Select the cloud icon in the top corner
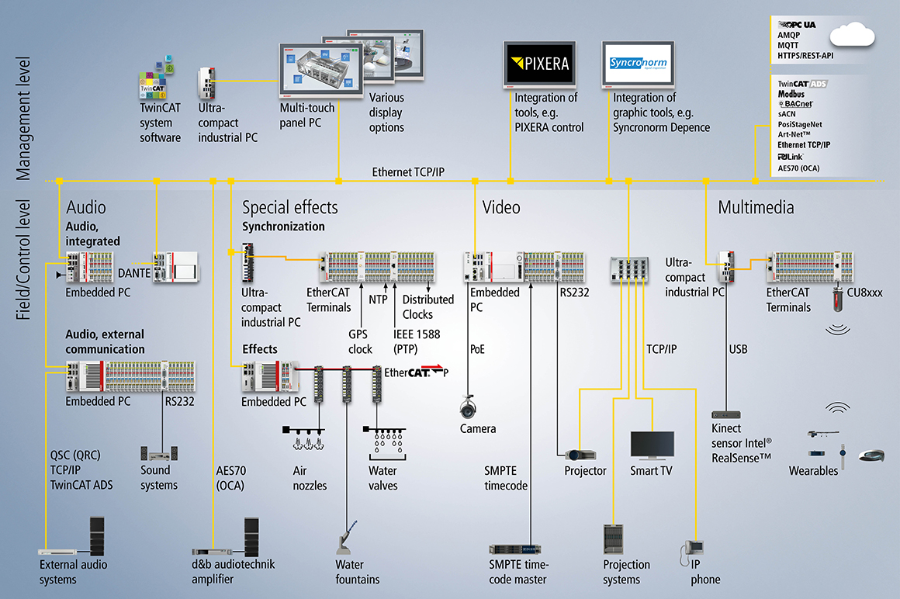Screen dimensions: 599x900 pyautogui.click(x=851, y=36)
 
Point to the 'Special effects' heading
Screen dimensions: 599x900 pyautogui.click(x=289, y=207)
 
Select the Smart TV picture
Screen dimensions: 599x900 pyautogui.click(x=652, y=445)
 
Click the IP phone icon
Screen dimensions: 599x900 pyautogui.click(x=691, y=554)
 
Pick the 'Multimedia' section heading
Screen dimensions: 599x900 pyautogui.click(x=756, y=207)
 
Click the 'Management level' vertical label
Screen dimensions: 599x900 pyautogui.click(x=23, y=116)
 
